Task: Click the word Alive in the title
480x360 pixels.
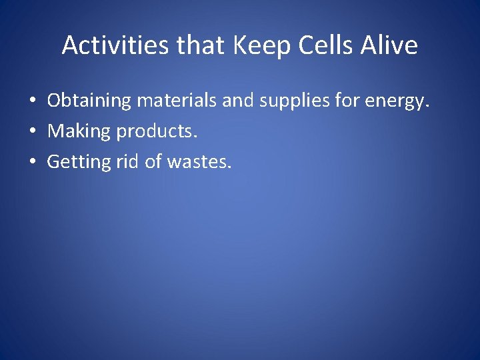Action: point(391,45)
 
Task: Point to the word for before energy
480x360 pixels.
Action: point(348,101)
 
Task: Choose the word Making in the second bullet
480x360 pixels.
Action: point(79,132)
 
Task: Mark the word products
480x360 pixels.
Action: point(157,132)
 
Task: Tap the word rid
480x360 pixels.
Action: point(125,162)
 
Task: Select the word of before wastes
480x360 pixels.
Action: point(153,162)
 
